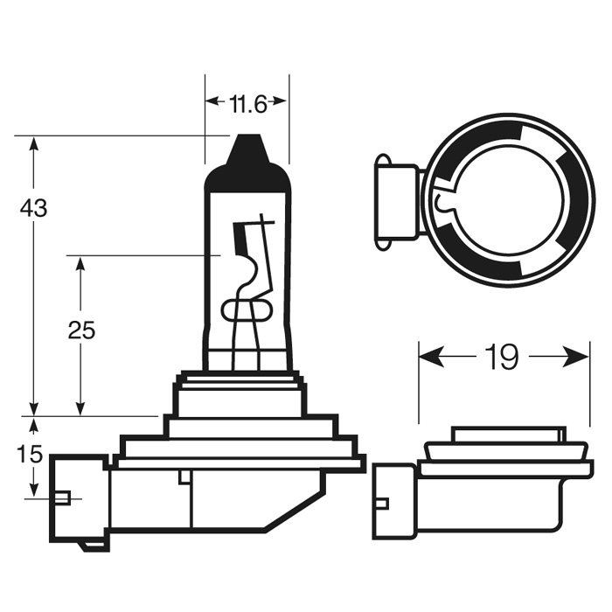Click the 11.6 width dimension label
pyautogui.click(x=247, y=105)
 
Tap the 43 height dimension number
pyautogui.click(x=34, y=209)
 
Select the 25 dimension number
pyautogui.click(x=81, y=330)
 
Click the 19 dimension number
pyautogui.click(x=503, y=358)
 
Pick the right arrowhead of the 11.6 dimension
pyautogui.click(x=281, y=101)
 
